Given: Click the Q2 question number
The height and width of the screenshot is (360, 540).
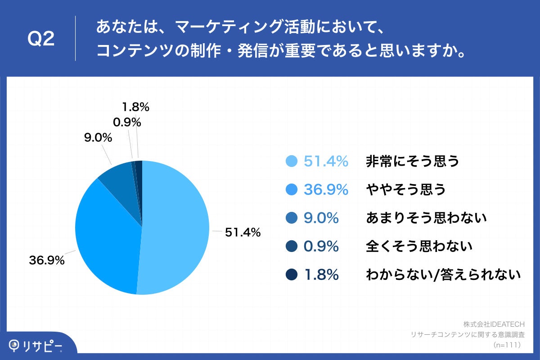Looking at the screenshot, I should point(41,39).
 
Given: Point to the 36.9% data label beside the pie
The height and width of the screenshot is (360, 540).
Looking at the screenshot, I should point(47,260).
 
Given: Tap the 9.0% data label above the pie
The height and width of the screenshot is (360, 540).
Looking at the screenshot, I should point(98,138).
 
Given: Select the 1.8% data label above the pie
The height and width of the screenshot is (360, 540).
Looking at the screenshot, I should point(135,107).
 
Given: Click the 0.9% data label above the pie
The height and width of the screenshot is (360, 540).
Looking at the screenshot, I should point(128,122).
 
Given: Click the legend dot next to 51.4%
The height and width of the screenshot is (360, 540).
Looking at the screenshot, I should point(292,161).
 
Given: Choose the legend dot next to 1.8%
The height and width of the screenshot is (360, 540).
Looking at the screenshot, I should point(292,274).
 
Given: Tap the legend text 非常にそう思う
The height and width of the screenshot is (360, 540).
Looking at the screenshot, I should point(413,161).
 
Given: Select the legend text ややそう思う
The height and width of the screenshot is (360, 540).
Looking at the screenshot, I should point(406,189).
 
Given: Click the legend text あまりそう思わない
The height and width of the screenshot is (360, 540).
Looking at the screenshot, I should point(427,218).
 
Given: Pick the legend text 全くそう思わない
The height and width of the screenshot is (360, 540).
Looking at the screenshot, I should point(419,246).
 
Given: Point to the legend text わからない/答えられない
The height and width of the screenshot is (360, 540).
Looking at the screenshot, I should point(443,274).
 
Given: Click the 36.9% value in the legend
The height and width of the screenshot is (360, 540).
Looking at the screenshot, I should point(326,189).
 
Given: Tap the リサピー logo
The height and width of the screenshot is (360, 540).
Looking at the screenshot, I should point(36,346).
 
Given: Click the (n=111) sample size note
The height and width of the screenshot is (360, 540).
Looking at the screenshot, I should point(507,345).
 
